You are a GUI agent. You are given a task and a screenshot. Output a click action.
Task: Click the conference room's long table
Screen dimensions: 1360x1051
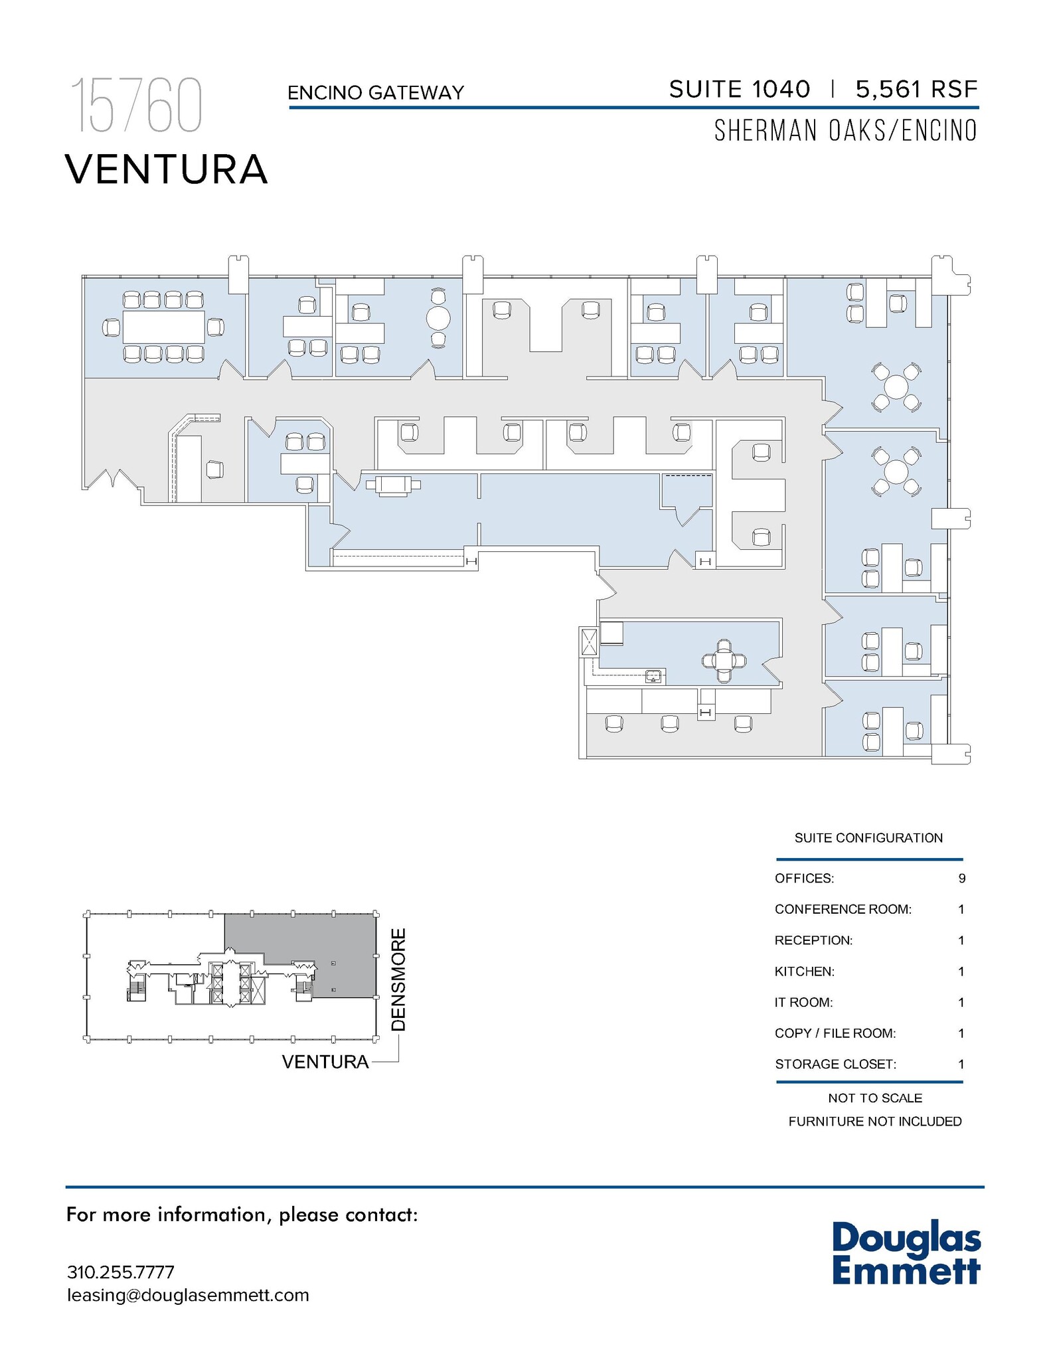coord(163,327)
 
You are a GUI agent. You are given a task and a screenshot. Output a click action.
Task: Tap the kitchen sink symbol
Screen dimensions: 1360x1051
coord(654,677)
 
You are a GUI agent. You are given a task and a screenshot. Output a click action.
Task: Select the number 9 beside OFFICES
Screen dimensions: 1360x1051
coord(961,879)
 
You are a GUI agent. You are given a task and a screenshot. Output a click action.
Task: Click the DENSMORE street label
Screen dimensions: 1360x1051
coord(398,980)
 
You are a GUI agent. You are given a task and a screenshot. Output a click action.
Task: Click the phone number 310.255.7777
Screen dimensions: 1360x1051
coord(121,1272)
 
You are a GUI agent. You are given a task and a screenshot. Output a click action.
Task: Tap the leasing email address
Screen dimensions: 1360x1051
coord(188,1296)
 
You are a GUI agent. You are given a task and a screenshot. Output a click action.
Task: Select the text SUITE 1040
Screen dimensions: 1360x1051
coord(739,89)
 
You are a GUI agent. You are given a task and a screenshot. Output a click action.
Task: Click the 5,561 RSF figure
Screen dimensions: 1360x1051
coord(916,89)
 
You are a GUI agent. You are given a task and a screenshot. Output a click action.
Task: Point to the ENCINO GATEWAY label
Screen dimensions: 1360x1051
coord(376,93)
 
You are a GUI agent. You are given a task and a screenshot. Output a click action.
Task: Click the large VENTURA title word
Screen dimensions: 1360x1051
coord(167,169)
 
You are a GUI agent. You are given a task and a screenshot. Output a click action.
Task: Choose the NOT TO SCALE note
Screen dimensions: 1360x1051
coord(874,1098)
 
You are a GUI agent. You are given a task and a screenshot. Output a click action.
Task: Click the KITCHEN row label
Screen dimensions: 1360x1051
coord(804,972)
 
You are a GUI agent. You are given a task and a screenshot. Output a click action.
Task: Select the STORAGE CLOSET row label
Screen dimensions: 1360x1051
coord(835,1064)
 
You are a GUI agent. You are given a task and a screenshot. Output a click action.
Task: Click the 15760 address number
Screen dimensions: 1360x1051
coord(136,106)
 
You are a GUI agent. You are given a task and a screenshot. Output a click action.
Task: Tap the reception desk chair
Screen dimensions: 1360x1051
coord(214,469)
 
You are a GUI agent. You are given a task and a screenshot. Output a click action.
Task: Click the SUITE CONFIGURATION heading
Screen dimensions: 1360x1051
coord(868,838)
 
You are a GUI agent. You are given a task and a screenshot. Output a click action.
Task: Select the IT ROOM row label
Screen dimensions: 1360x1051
coord(803,1002)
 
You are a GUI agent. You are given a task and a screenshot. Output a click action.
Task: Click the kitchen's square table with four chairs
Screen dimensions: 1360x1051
coord(724,661)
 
